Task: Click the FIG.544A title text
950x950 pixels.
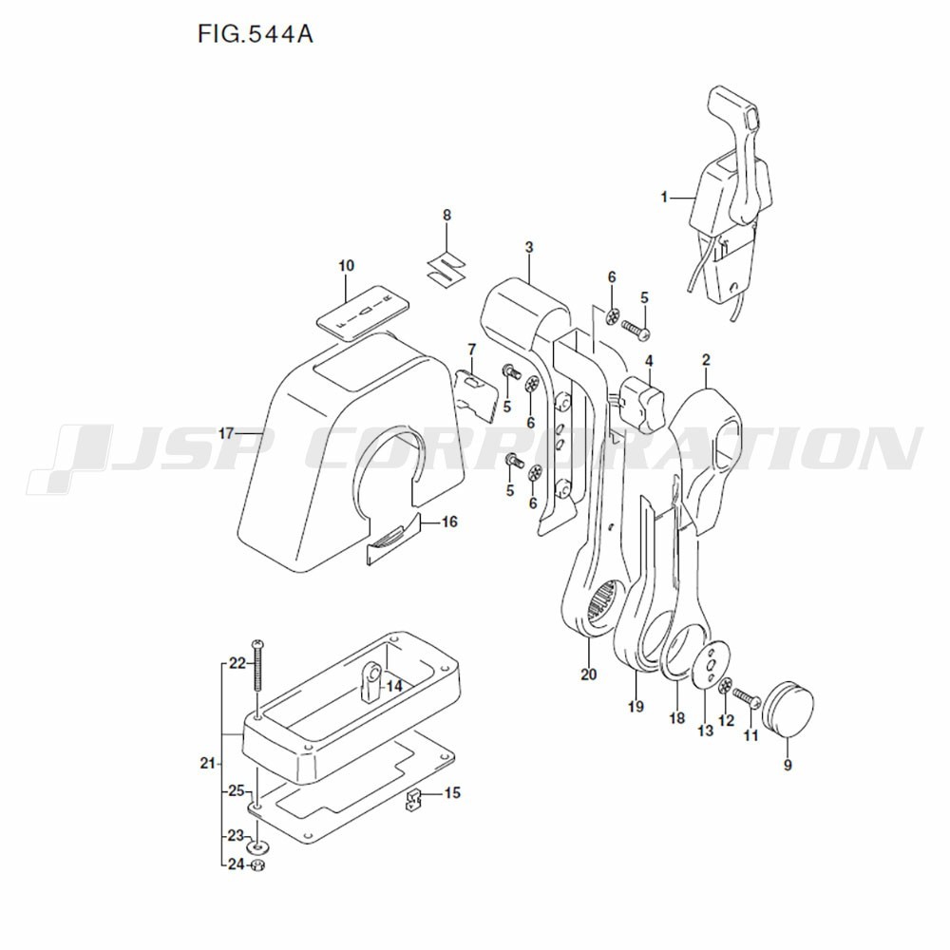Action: (256, 35)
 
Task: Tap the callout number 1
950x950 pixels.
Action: (665, 197)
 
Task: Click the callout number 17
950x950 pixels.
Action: (226, 433)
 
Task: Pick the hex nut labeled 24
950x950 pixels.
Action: (257, 864)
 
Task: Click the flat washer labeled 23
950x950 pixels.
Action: (257, 845)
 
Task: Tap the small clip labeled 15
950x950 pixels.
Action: (414, 803)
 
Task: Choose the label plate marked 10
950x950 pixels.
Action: (362, 310)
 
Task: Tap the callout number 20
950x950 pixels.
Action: (589, 674)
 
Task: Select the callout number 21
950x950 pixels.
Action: (208, 763)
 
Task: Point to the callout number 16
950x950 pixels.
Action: (448, 522)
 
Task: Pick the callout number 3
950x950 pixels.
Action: (528, 248)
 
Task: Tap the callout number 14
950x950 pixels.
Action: (393, 685)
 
